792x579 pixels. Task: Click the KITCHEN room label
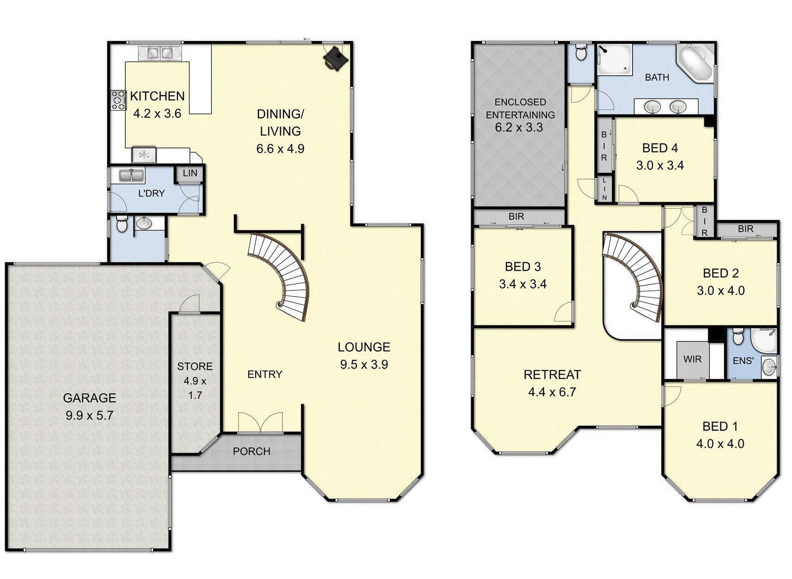(x=157, y=96)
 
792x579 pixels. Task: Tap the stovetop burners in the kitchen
(x=118, y=100)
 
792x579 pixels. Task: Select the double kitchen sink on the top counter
(x=160, y=53)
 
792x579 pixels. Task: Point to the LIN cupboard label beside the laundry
(x=190, y=173)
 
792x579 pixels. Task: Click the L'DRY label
(x=152, y=193)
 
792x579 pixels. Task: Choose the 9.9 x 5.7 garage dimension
(x=89, y=415)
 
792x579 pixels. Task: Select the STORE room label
(x=195, y=366)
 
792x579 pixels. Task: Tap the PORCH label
(x=252, y=451)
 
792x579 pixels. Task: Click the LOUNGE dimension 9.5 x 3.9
(x=364, y=364)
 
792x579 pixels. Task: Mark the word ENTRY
(x=264, y=374)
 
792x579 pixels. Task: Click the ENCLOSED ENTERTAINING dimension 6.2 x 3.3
(x=519, y=128)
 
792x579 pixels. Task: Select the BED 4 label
(x=660, y=148)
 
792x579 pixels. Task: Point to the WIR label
(x=692, y=359)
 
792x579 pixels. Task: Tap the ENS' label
(x=743, y=361)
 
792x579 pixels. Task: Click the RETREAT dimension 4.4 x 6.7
(x=552, y=392)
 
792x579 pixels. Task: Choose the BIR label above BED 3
(x=516, y=216)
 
